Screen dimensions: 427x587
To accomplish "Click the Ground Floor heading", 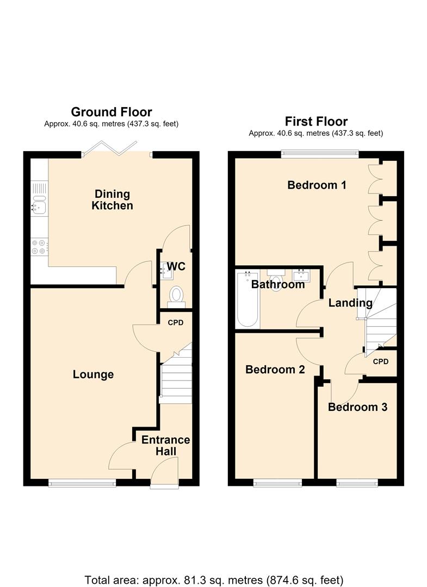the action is pos(112,112).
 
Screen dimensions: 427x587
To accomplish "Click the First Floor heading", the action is pos(316,121).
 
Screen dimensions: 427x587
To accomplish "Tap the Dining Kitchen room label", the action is pos(113,199).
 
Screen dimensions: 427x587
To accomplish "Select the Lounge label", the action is pos(93,374).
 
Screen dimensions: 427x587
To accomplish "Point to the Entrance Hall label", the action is pos(165,446).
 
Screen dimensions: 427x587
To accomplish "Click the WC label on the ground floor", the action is pos(176,266).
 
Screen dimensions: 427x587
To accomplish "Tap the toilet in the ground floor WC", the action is pos(176,297).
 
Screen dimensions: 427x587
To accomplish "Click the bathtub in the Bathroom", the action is pos(247,300).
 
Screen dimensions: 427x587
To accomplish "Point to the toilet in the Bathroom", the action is pos(276,280).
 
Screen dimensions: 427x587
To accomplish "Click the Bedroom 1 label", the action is pos(317,185).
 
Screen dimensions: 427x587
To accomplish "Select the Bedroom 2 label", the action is pos(275,370).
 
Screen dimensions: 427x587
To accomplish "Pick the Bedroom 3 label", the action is pos(358,407).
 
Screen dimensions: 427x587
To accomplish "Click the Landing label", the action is pos(351,303).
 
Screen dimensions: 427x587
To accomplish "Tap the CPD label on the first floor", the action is pos(381,361).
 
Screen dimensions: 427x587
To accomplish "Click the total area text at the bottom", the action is pos(214,580).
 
